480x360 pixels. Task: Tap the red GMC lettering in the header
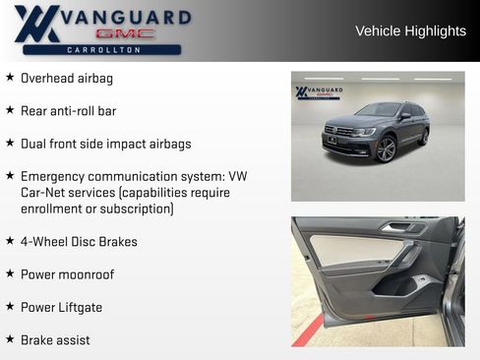129,33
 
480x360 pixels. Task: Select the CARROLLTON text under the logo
102,49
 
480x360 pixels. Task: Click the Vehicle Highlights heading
410,30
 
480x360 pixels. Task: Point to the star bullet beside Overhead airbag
10,77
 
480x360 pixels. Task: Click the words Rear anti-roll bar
68,110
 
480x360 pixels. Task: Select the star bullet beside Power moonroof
10,273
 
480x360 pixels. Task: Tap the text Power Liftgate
61,307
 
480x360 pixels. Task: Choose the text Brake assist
55,339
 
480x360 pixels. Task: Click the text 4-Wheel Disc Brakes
79,241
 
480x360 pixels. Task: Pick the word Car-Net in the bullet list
41,192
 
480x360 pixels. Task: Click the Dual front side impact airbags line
105,143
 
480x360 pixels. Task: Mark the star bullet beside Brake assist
10,339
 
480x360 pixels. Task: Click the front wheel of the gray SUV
385,149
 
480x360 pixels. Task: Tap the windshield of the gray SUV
380,110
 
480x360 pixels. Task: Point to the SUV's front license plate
331,140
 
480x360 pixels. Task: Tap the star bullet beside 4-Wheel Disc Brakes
10,241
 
